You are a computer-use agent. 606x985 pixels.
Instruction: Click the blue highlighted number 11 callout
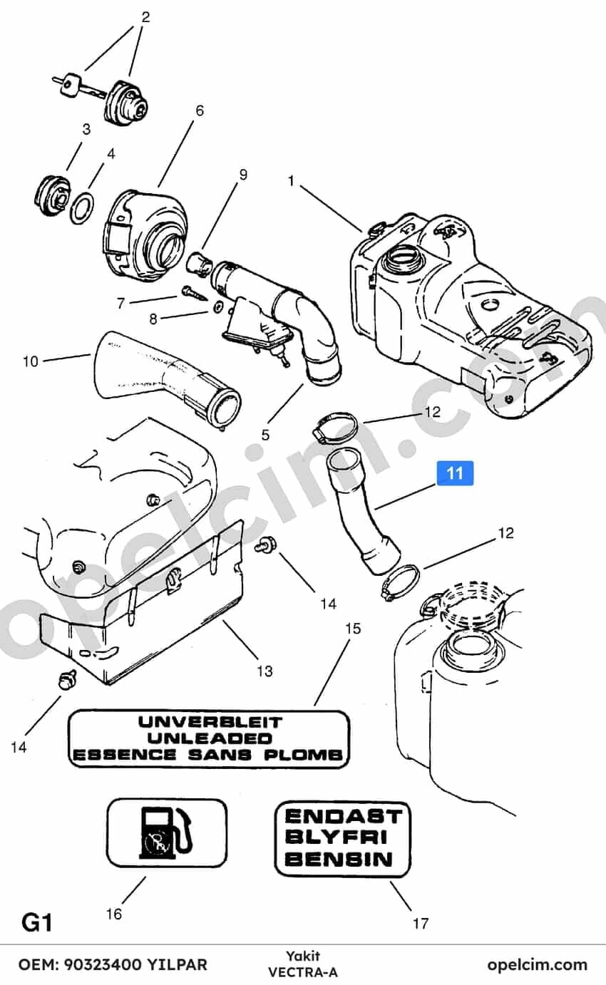[x=455, y=473]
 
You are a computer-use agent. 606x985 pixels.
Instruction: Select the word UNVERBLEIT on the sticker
[x=210, y=721]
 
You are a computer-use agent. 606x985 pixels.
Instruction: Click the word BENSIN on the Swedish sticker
[x=338, y=859]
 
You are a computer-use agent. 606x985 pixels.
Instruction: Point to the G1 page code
[x=37, y=922]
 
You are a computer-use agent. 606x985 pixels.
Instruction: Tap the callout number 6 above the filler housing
[x=200, y=110]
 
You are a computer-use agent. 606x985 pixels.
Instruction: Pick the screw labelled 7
[x=193, y=293]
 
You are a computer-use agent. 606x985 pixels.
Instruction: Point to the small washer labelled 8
[x=217, y=306]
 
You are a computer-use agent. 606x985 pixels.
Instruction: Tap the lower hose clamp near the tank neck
[x=401, y=582]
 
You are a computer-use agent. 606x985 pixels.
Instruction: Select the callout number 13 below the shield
[x=265, y=671]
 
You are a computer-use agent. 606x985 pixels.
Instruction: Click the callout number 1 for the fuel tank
[x=291, y=181]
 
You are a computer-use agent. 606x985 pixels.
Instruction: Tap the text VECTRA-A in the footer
[x=302, y=972]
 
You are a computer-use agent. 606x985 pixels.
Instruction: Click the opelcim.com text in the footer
[x=537, y=965]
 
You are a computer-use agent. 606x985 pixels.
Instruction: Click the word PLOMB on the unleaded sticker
[x=303, y=755]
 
